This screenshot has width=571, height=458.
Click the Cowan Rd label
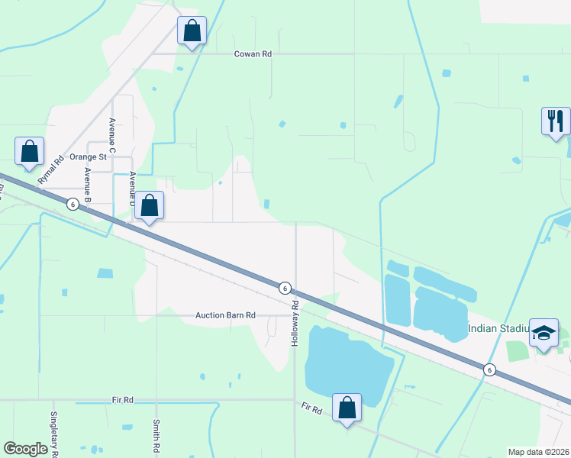pyautogui.click(x=253, y=54)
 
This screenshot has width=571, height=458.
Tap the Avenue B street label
pyautogui.click(x=89, y=183)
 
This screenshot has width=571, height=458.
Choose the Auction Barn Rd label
pyautogui.click(x=225, y=314)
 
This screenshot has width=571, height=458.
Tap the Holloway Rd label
pyautogui.click(x=294, y=325)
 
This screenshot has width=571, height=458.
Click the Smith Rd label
pyautogui.click(x=156, y=437)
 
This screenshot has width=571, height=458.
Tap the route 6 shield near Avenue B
pyautogui.click(x=73, y=204)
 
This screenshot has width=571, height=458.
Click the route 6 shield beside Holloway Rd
pyautogui.click(x=284, y=288)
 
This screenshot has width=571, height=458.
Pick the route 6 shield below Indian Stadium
pyautogui.click(x=489, y=369)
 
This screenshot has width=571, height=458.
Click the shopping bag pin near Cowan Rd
pyautogui.click(x=192, y=32)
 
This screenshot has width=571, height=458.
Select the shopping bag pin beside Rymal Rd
pyautogui.click(x=30, y=152)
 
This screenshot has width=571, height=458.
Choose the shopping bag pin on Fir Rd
pyautogui.click(x=347, y=408)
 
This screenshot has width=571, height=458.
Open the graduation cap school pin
pyautogui.click(x=544, y=333)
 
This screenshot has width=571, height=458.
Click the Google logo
pyautogui.click(x=26, y=449)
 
